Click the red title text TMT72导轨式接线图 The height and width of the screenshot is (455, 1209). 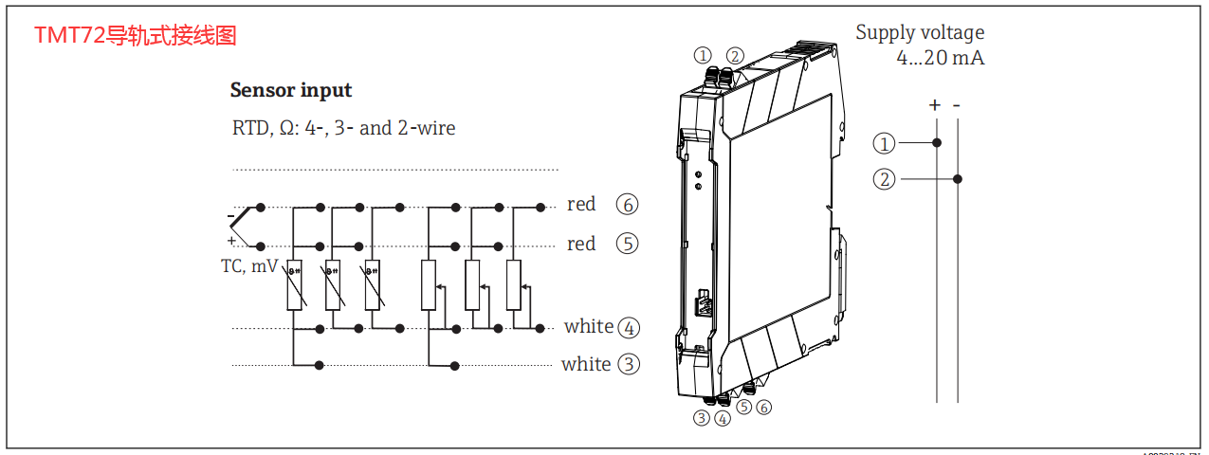[135, 36]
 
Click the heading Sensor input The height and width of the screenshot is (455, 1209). [291, 91]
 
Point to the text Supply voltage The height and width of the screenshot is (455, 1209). [920, 32]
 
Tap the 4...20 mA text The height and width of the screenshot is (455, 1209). [940, 58]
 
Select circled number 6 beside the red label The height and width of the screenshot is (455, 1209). [627, 204]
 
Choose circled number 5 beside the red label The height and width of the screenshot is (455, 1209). [627, 244]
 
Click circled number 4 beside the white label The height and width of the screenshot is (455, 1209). [629, 328]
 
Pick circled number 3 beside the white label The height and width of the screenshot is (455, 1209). [629, 364]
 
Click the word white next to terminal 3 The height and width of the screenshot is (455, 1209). [586, 364]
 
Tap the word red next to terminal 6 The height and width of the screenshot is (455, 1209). [581, 204]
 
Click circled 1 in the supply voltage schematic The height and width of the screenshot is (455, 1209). [884, 143]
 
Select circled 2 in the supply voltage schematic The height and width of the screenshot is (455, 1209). [884, 178]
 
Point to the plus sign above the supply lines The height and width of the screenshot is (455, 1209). [935, 105]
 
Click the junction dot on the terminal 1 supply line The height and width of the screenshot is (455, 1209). [937, 143]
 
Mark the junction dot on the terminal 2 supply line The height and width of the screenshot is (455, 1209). [958, 178]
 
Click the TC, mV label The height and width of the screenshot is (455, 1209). [248, 266]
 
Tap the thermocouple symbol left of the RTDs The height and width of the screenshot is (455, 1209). [245, 225]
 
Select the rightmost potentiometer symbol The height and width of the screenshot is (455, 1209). [513, 284]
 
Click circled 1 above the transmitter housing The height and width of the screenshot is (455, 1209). [703, 55]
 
